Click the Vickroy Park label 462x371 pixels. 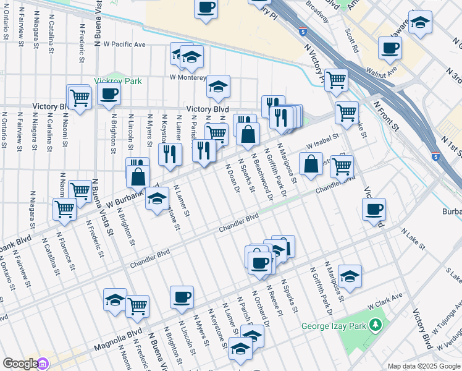118,81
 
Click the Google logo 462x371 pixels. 20,364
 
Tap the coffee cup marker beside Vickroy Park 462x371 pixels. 109,94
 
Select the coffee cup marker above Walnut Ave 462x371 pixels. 390,47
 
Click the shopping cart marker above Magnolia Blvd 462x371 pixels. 137,305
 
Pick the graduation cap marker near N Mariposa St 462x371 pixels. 350,276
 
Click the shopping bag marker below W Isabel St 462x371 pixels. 311,164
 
